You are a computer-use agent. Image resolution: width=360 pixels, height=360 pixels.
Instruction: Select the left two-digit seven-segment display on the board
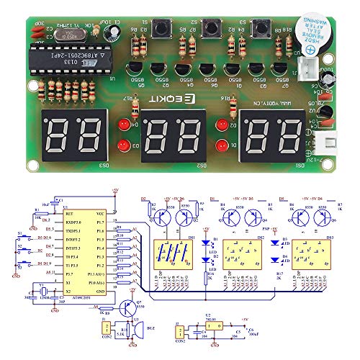tap(73, 132)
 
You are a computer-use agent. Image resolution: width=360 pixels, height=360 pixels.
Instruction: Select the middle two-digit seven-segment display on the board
tap(173, 132)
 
